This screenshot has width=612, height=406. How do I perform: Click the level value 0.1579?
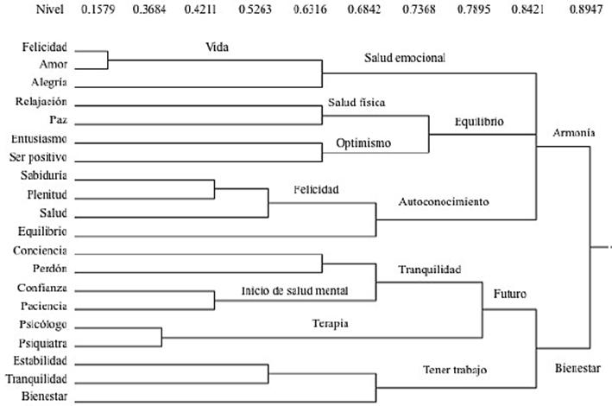[x=98, y=9]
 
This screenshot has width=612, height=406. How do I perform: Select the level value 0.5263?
[x=255, y=9]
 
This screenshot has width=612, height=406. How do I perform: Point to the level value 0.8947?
[x=586, y=9]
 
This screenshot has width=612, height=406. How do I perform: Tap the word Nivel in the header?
[x=50, y=9]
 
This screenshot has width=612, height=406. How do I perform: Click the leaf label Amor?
[x=54, y=64]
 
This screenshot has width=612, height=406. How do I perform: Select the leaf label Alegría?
[x=49, y=82]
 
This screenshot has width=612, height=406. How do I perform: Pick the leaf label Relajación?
[x=41, y=101]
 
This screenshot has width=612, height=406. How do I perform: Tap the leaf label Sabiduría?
[x=44, y=175]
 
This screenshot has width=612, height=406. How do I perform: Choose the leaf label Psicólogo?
[x=43, y=325]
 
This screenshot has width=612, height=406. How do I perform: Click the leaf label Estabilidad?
[x=41, y=360]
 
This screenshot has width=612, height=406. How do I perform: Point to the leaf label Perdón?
[x=50, y=269]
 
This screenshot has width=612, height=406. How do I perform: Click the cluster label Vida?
[x=217, y=48]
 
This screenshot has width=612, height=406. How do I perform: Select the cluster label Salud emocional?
[x=405, y=58]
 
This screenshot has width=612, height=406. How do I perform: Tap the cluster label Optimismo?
[x=363, y=143]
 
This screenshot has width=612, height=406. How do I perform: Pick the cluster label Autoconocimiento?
[x=444, y=201]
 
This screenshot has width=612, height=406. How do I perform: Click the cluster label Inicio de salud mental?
[x=294, y=291]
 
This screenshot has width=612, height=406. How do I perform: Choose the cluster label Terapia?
[x=331, y=324]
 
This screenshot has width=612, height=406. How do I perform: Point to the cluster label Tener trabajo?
[x=455, y=370]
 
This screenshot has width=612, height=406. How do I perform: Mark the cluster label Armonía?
[x=574, y=133]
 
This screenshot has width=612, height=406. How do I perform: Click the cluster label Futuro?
[x=510, y=294]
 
